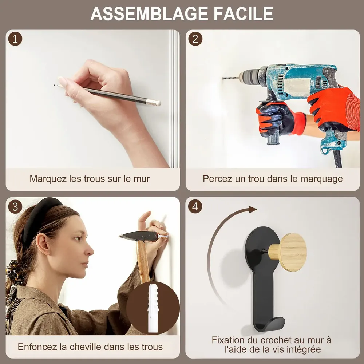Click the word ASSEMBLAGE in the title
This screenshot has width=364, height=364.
[149, 14]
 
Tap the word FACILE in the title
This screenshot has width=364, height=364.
[243, 14]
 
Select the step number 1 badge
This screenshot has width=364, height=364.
[15, 39]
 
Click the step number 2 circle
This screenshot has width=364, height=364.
[195, 39]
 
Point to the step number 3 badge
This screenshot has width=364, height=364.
[15, 207]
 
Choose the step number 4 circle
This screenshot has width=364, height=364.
[195, 206]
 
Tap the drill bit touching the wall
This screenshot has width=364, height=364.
[230, 78]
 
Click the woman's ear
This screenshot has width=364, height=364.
[43, 244]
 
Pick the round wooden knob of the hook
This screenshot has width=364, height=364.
[293, 252]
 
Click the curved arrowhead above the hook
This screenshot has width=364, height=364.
[252, 209]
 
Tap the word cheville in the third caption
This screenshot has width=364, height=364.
[85, 347]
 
